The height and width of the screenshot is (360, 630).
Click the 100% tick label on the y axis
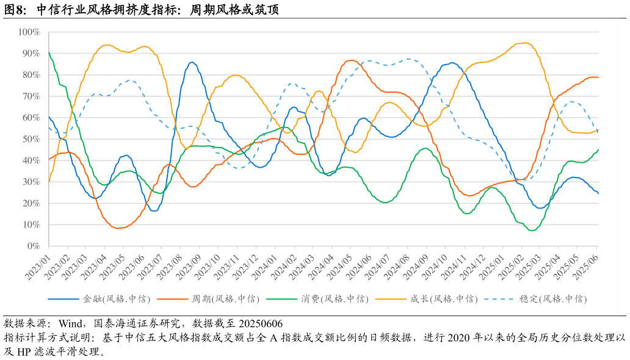point(29,32)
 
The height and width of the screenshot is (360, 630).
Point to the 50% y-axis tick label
point(31,139)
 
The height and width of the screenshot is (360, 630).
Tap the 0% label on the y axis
point(33,246)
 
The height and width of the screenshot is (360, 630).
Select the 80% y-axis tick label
point(31,74)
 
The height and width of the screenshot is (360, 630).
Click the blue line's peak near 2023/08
point(192,62)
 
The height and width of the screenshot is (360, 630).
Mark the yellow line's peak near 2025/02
point(525,43)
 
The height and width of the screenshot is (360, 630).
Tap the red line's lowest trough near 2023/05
point(117,228)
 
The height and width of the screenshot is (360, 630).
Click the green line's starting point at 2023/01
point(49,52)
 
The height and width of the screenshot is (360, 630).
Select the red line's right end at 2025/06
point(598,77)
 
